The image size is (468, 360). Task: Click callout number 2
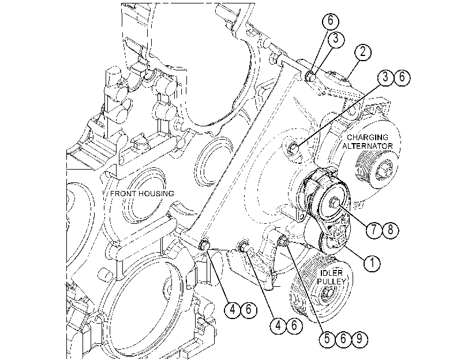point(362,52)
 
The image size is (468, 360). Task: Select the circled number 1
point(372,263)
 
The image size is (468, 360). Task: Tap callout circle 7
point(375,230)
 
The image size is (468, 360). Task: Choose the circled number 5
point(327,339)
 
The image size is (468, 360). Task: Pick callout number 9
point(360,339)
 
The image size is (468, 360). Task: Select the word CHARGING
point(368,137)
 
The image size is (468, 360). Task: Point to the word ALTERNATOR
point(368,146)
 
